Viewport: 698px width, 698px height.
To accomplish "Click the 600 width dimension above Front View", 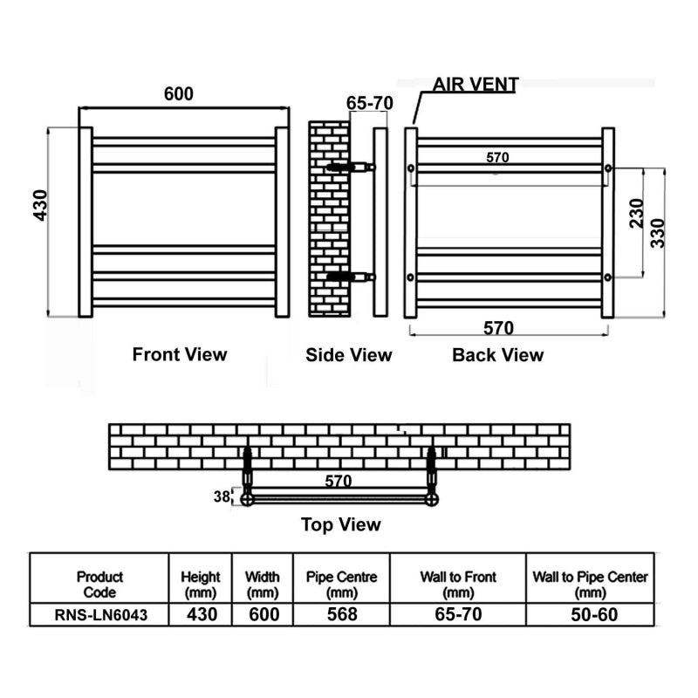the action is coord(179,94).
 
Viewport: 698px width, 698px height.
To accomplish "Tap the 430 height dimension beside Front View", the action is coord(40,205).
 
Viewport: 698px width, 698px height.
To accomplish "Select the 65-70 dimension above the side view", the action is coord(369,103).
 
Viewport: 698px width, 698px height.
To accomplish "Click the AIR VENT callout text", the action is coord(476,85).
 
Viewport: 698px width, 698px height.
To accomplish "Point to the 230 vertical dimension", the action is coord(637,214).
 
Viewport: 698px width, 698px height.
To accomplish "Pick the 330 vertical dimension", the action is coord(658,233).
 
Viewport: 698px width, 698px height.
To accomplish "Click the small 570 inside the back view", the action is coord(497,158).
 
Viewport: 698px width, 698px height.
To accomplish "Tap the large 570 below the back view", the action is coord(498,328).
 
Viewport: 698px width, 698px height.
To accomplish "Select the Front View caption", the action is coord(180,354).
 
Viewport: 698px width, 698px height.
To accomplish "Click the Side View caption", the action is coord(348,355).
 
